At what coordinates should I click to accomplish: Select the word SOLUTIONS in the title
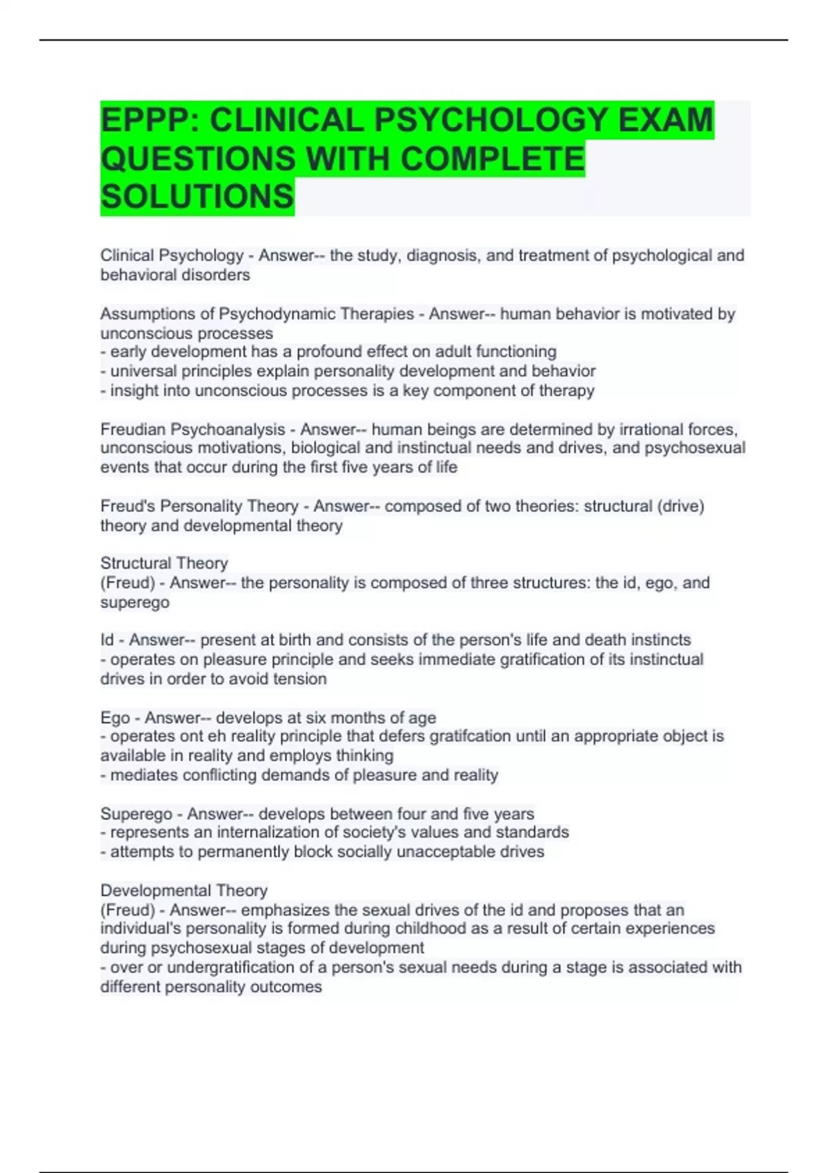197,197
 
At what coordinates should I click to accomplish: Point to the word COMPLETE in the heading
492,159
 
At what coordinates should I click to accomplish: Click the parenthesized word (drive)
680,506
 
